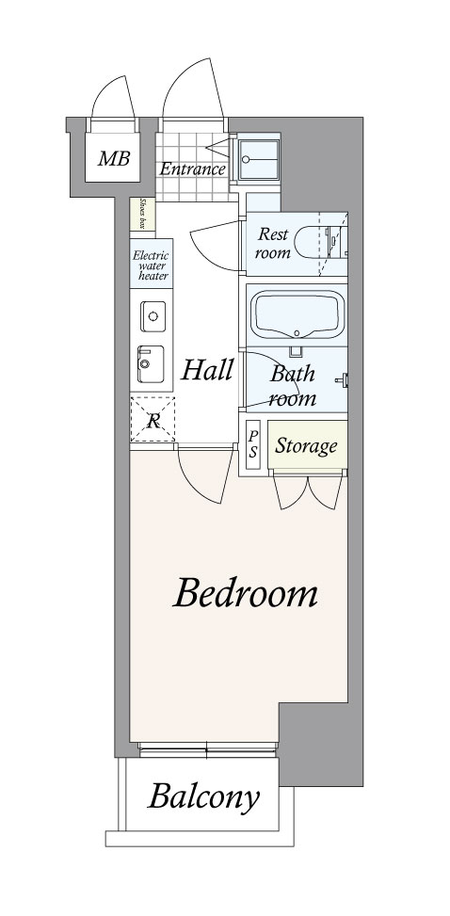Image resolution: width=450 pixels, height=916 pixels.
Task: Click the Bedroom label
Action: point(245,593)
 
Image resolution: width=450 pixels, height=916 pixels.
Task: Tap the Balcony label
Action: point(203,796)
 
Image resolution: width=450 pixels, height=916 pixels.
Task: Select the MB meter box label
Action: point(113,158)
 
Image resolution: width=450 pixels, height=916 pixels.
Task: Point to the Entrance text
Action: point(192,169)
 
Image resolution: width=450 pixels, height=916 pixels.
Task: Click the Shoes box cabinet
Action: point(143,214)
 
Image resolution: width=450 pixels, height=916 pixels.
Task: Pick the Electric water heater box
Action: point(152,264)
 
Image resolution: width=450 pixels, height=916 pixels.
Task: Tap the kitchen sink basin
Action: point(153,316)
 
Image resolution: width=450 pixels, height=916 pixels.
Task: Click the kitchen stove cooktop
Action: point(151,364)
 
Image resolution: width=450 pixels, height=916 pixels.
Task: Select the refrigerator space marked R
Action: point(153,418)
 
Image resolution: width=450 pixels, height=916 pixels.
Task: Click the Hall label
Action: point(207,370)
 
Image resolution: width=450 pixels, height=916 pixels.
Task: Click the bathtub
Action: point(297,314)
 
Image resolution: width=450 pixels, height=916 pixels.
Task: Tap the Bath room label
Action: point(293,386)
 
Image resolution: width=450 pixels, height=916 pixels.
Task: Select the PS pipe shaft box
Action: point(253,445)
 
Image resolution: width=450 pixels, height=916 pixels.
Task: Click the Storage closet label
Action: point(306,445)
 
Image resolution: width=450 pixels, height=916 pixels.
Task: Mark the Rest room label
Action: point(273,243)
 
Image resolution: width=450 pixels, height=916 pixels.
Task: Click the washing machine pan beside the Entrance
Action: point(258,159)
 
